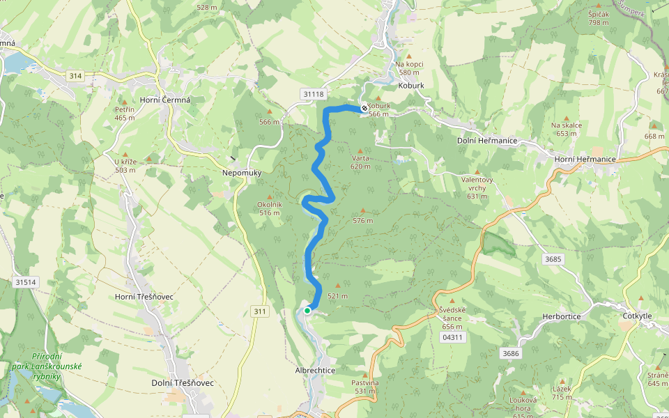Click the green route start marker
click(307, 311)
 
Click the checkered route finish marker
click(364, 108)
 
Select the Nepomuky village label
click(241, 171)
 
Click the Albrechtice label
click(315, 371)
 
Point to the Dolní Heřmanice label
click(486, 141)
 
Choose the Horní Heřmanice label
click(585, 160)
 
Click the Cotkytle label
click(637, 316)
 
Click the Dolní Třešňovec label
click(183, 383)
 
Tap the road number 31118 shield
click(314, 94)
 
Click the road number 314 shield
click(75, 75)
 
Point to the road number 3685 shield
click(553, 259)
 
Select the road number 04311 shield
click(452, 337)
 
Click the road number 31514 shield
click(24, 282)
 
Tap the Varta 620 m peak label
click(360, 162)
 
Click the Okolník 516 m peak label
click(269, 208)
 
